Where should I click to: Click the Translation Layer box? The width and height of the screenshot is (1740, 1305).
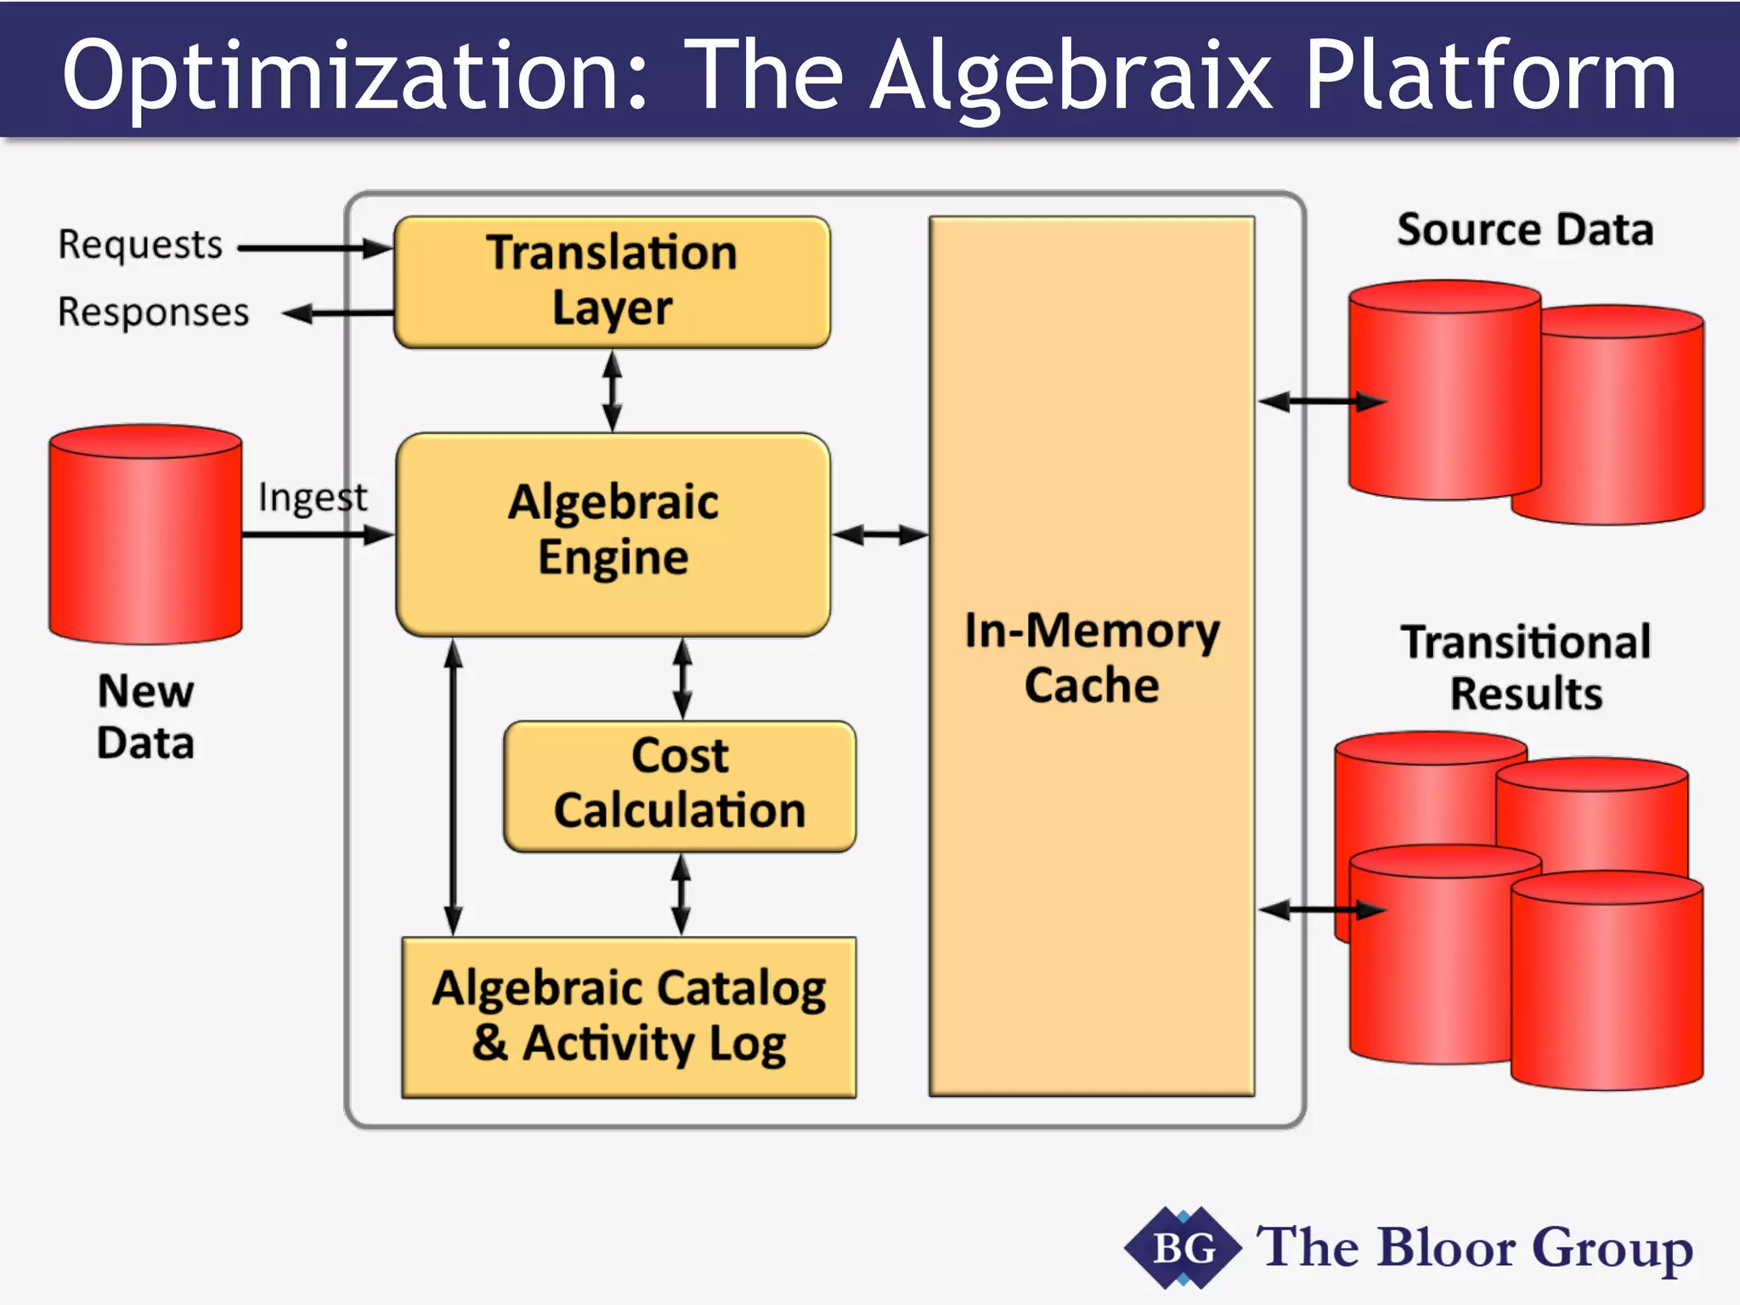click(612, 281)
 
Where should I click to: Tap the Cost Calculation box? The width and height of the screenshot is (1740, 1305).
click(680, 784)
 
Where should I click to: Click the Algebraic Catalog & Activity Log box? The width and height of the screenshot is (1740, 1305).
click(629, 1016)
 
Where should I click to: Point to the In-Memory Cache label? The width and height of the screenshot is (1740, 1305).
click(1092, 658)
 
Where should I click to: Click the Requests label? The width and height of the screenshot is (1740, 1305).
click(140, 245)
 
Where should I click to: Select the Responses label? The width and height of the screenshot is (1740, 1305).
click(154, 312)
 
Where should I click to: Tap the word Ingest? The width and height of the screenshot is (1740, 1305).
click(313, 497)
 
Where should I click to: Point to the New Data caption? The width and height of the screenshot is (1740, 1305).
click(145, 716)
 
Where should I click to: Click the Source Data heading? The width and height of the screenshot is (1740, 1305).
click(1525, 230)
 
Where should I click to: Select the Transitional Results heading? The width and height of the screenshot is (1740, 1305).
click(1526, 667)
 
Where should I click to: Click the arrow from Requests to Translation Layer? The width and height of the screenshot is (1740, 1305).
click(314, 248)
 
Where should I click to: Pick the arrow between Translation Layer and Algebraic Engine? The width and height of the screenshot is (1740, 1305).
click(612, 391)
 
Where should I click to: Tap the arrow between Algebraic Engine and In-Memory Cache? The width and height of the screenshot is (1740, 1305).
click(879, 534)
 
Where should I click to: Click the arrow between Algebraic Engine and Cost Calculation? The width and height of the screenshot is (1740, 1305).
click(681, 679)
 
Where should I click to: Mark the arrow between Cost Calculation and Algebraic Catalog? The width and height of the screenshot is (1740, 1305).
click(681, 894)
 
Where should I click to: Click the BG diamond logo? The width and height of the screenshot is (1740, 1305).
click(1182, 1248)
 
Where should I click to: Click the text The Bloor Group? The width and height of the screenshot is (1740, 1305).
click(1474, 1248)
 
